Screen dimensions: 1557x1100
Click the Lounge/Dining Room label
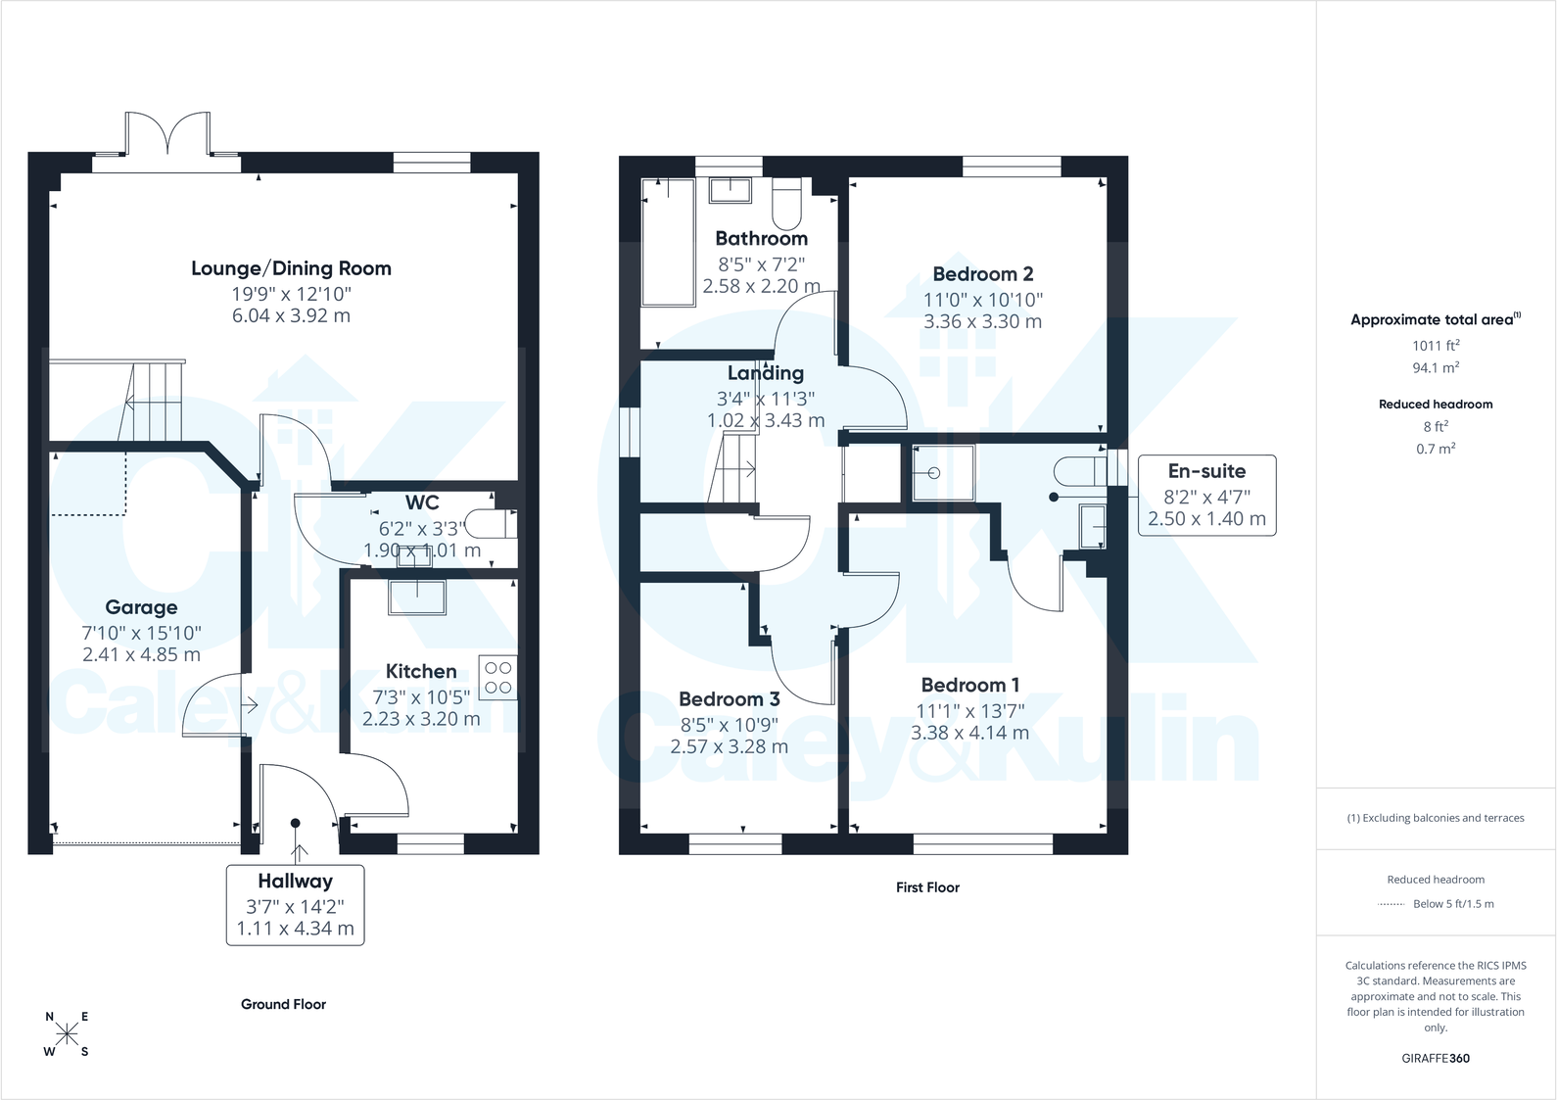291,268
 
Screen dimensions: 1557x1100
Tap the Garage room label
141,607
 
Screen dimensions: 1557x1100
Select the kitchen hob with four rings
497,677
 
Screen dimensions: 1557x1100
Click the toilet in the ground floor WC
491,524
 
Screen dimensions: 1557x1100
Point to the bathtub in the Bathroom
668,242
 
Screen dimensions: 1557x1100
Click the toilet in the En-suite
1080,471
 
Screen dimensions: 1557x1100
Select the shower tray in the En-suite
943,473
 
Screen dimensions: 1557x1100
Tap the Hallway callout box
296,905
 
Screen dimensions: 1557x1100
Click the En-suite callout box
1206,495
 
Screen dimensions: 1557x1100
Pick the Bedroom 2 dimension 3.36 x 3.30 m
983,322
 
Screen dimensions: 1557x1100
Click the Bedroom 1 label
970,685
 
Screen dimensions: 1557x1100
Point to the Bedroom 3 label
730,698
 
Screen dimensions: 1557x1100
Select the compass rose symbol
67,1035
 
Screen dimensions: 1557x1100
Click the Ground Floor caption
284,1004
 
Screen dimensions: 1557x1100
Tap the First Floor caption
928,887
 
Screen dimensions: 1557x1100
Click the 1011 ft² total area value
1436,345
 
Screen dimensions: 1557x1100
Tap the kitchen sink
417,598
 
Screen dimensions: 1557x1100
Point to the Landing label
766,372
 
